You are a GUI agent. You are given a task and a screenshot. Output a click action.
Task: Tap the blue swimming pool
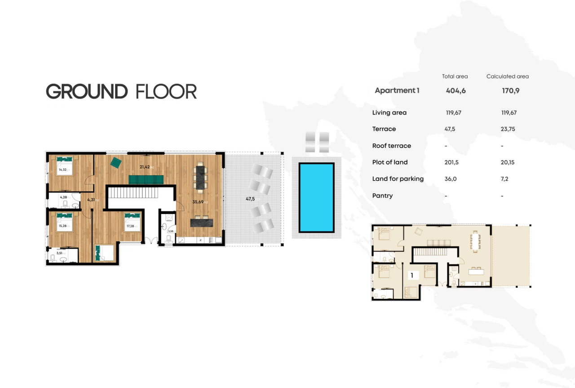point(316,198)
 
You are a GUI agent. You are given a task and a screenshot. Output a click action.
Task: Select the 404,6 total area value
point(456,90)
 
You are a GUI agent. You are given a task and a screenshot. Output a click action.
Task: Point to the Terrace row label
point(384,129)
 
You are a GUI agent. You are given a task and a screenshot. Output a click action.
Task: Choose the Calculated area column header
point(507,76)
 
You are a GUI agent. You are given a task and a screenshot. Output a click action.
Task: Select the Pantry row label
point(382,196)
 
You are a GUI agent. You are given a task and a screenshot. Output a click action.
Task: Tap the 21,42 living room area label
point(145,167)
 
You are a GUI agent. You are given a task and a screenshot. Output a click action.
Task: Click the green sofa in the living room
point(146,180)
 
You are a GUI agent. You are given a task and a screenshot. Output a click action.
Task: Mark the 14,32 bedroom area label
point(62,169)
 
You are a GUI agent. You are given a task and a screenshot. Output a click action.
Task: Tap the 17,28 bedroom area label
point(130,226)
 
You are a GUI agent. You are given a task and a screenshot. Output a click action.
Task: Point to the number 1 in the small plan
point(411,274)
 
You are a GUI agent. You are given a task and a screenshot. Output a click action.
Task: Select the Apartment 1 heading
point(397,90)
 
